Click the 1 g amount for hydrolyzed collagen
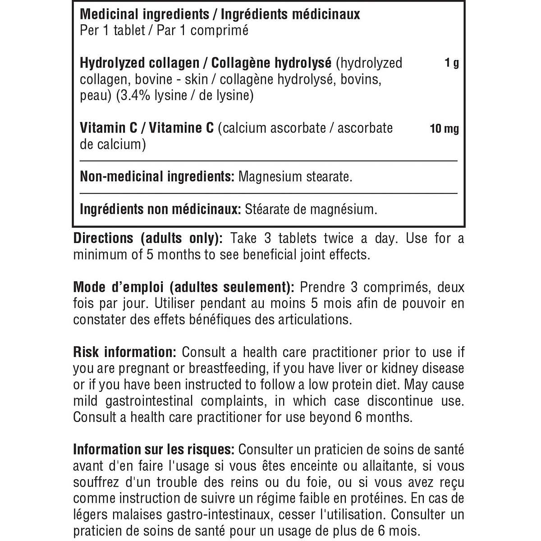[x=452, y=63]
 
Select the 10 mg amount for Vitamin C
[x=444, y=129]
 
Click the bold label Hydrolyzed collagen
[x=139, y=63]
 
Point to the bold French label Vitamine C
[x=181, y=128]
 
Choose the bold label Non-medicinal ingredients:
[x=157, y=176]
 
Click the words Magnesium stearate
[x=295, y=176]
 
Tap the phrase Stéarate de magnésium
[x=311, y=209]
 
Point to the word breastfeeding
[x=227, y=368]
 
